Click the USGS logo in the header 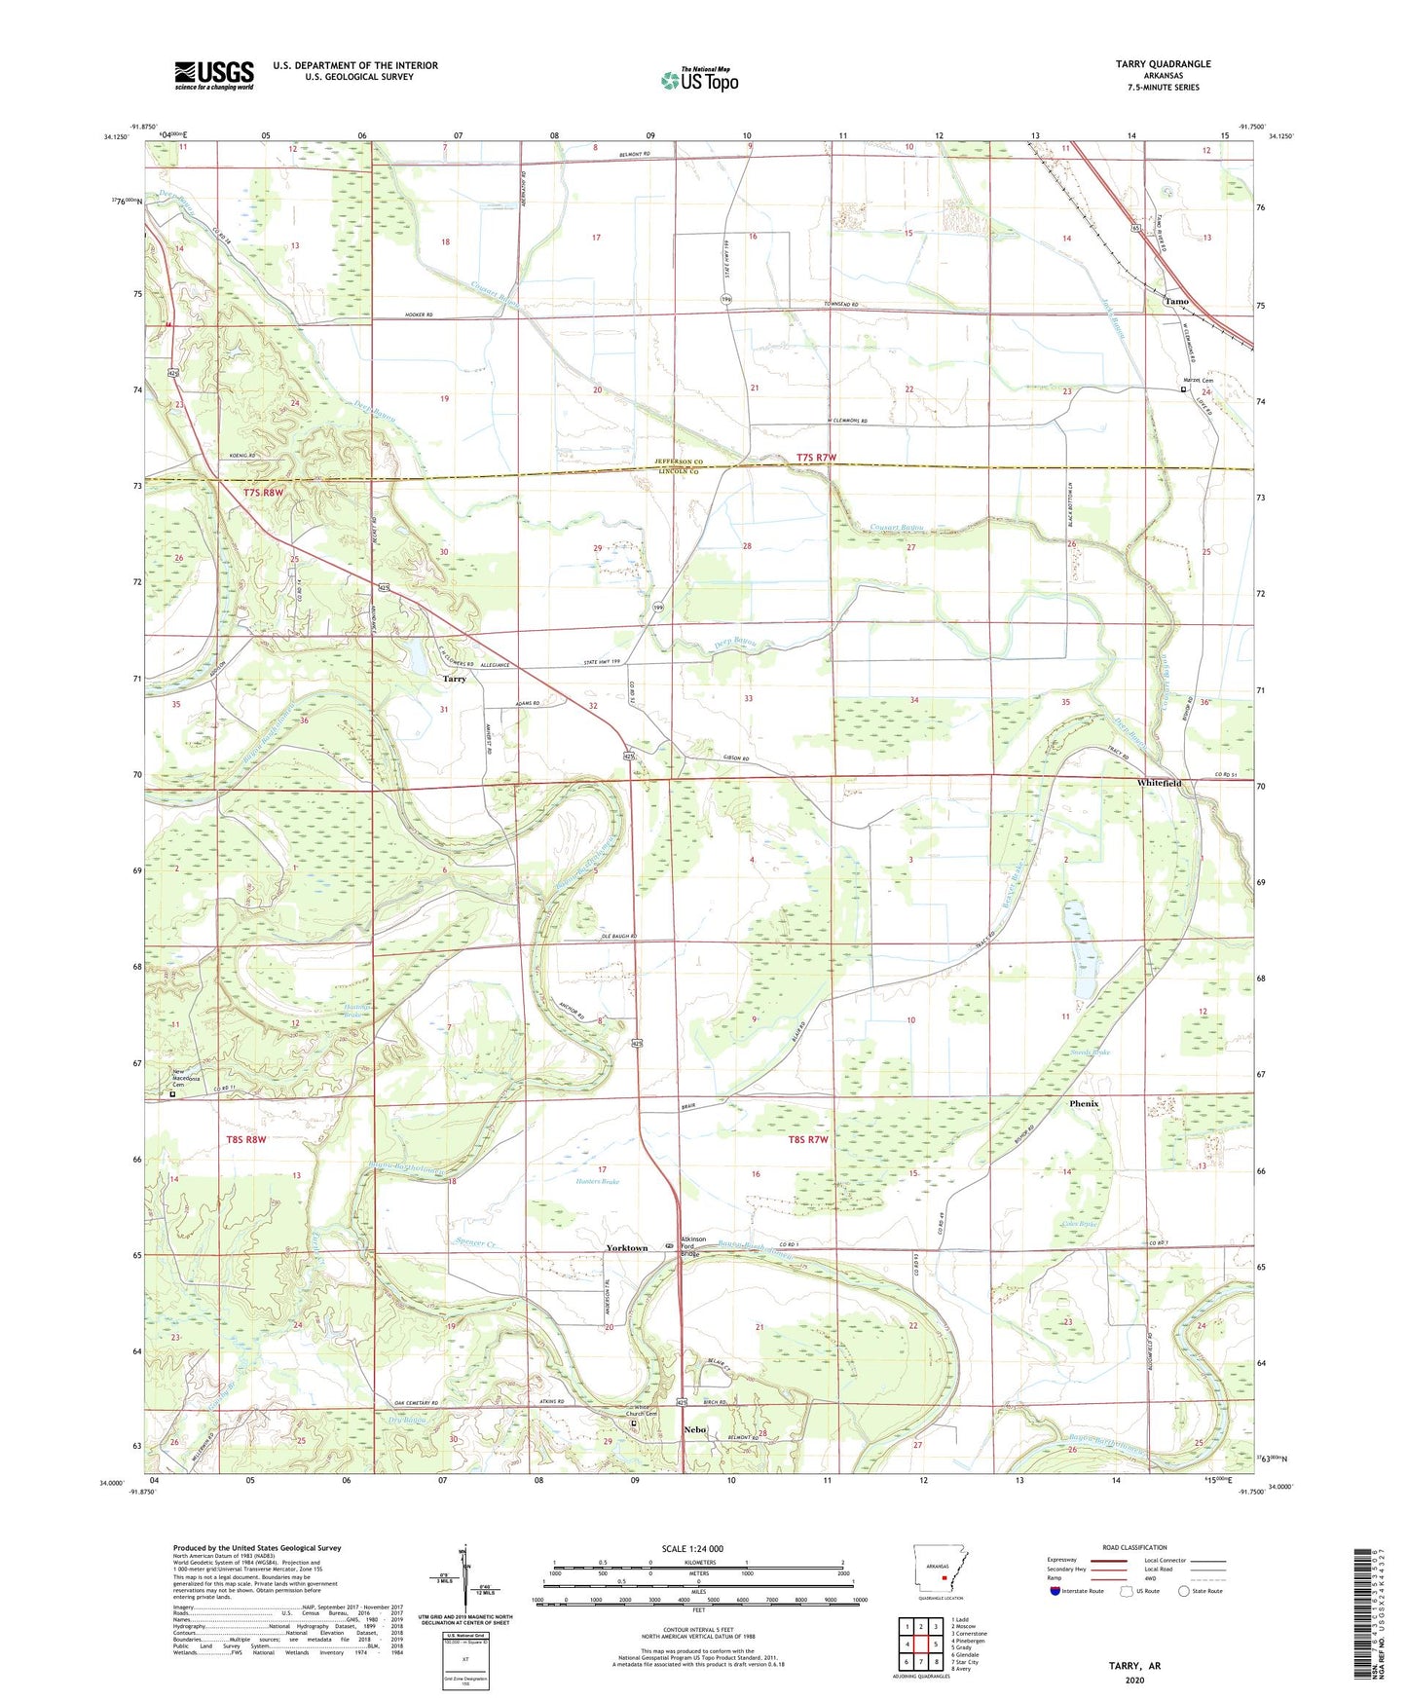pyautogui.click(x=213, y=75)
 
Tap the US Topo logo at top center pyautogui.click(x=699, y=80)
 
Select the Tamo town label pyautogui.click(x=1176, y=302)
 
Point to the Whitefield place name pyautogui.click(x=1159, y=783)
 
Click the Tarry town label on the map pyautogui.click(x=454, y=679)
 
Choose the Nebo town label pyautogui.click(x=694, y=1429)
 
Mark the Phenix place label pyautogui.click(x=1083, y=1104)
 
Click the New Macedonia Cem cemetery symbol pyautogui.click(x=173, y=1094)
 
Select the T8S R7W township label pyautogui.click(x=807, y=1139)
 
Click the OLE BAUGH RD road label pyautogui.click(x=617, y=937)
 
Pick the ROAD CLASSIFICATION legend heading pyautogui.click(x=1134, y=1547)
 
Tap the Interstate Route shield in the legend pyautogui.click(x=1055, y=1591)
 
